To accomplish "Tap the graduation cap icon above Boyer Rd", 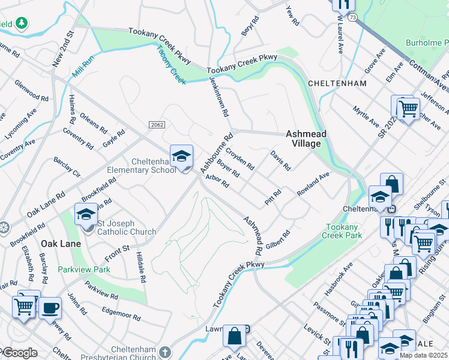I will (181, 156).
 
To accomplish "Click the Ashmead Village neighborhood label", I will (303, 139).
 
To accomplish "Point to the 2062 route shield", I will (155, 124).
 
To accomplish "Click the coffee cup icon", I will (50, 308).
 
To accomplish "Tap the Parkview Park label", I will (83, 269).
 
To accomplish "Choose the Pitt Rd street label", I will (273, 197).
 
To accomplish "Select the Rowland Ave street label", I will (313, 184).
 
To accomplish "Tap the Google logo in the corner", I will (19, 353).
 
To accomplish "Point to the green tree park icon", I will (22, 23).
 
